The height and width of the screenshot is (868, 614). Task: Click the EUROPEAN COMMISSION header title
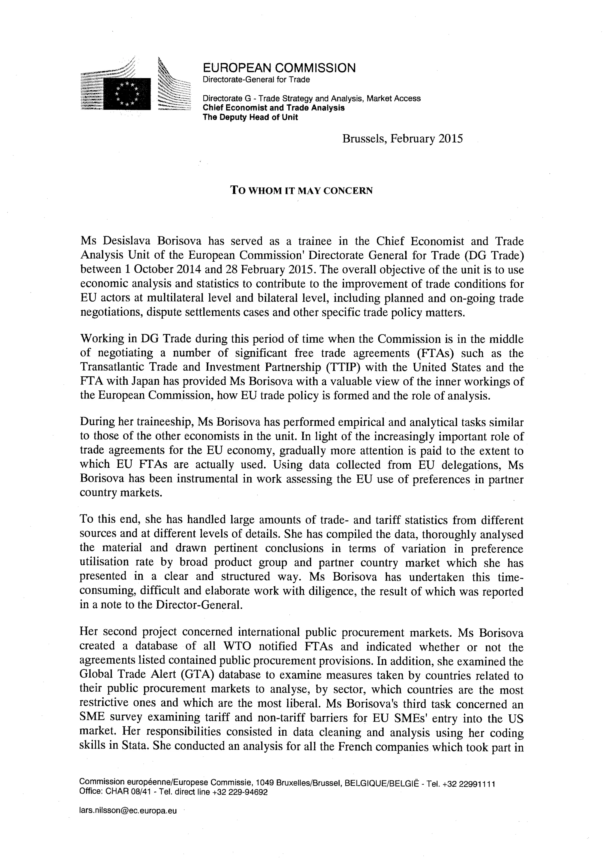(x=279, y=68)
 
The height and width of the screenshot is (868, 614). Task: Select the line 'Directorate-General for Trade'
(x=256, y=80)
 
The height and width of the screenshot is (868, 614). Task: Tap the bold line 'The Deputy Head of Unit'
(x=250, y=117)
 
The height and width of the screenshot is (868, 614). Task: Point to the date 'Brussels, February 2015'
(x=402, y=139)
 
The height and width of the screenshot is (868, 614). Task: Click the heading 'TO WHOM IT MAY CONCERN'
(x=302, y=190)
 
